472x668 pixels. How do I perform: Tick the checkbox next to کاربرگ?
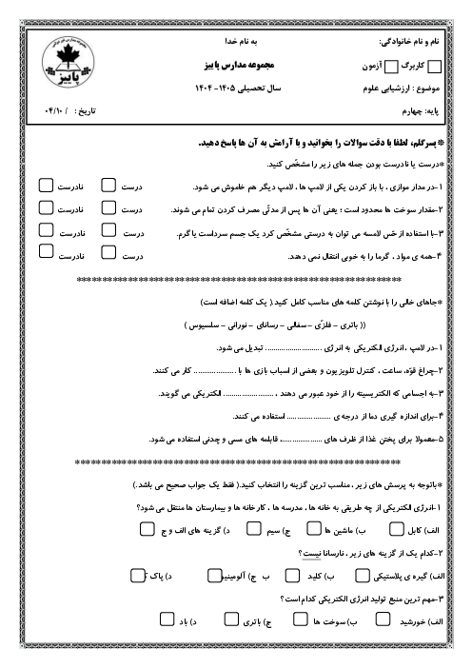coord(437,67)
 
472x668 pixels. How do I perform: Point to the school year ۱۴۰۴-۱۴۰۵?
coord(246,87)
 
